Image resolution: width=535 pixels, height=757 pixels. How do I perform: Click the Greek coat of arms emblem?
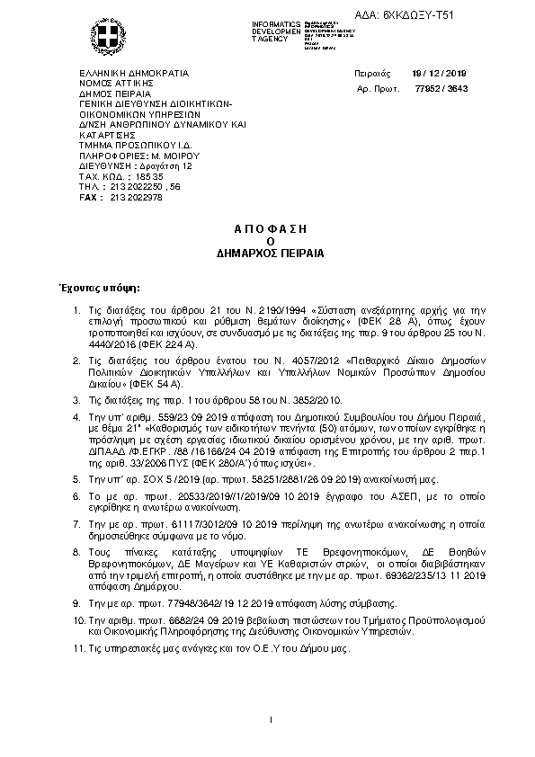110,39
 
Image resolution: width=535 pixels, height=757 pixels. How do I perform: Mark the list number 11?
76,649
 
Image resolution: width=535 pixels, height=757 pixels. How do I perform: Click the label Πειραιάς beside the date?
372,75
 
